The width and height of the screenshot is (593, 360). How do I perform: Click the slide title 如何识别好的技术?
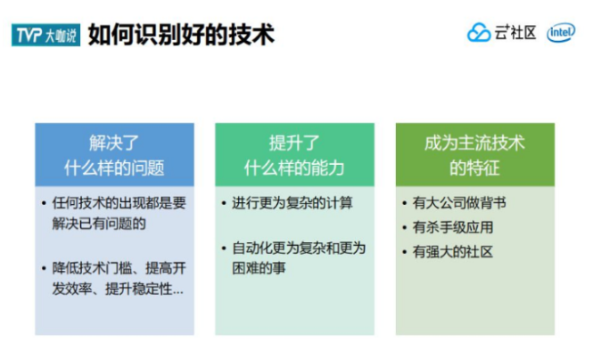click(x=180, y=34)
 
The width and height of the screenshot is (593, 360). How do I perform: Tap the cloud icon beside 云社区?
click(x=479, y=33)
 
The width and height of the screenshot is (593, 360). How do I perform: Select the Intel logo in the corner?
click(x=561, y=33)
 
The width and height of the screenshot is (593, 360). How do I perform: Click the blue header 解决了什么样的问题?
click(x=114, y=155)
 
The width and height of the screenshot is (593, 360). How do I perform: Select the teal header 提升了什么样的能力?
click(x=294, y=155)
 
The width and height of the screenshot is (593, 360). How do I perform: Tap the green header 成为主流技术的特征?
click(x=474, y=155)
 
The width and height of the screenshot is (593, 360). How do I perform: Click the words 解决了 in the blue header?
click(x=114, y=143)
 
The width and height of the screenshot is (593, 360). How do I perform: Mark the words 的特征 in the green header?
click(x=474, y=168)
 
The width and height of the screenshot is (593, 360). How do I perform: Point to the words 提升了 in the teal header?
click(x=294, y=143)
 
